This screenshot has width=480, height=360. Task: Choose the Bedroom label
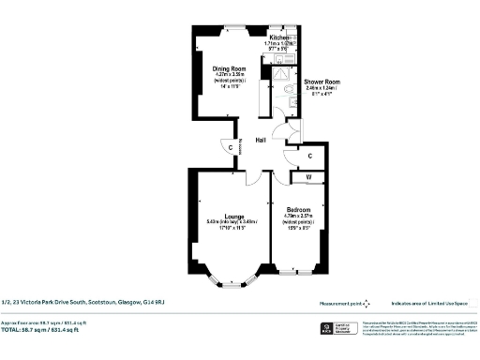pyautogui.click(x=299, y=209)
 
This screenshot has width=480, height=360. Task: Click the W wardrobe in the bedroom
pyautogui.click(x=308, y=175)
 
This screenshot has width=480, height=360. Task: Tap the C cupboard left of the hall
pyautogui.click(x=231, y=146)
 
